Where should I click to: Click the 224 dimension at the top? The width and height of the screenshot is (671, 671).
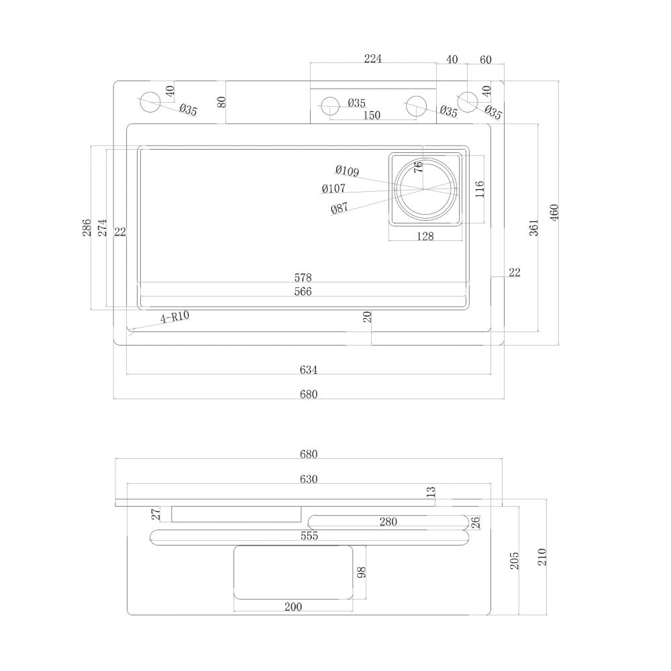point(372,58)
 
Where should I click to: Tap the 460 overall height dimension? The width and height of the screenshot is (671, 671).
point(554,212)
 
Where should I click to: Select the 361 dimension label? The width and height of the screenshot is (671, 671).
point(533,228)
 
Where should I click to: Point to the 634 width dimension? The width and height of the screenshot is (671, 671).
point(308,369)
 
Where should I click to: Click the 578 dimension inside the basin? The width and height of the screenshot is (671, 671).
point(303,277)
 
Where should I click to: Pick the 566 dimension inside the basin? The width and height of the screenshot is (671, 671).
point(303,291)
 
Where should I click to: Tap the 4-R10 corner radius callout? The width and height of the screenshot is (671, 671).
point(174,317)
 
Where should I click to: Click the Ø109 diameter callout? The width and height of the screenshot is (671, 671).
point(347,170)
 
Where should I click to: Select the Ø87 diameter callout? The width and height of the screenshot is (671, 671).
point(340,208)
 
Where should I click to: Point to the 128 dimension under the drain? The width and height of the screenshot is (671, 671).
point(425,236)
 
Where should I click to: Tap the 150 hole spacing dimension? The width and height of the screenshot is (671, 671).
point(372,115)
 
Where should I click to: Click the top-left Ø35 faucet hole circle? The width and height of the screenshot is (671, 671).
point(150,102)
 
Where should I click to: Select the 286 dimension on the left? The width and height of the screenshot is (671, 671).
point(87,227)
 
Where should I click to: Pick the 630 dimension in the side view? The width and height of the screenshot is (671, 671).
point(309,479)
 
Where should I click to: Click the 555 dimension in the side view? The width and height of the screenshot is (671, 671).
point(309,535)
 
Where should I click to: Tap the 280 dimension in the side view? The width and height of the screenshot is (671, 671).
point(388,521)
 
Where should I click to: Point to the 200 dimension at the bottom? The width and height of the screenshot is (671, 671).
point(293,607)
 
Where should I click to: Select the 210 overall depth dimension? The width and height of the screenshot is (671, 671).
point(542,557)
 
